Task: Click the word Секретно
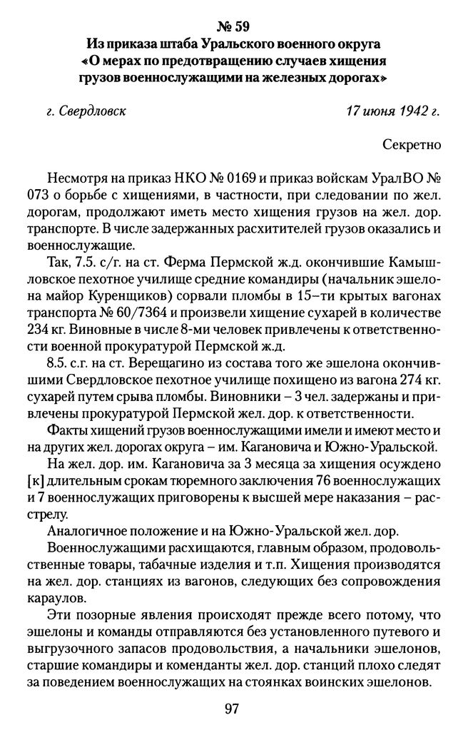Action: [412, 144]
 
